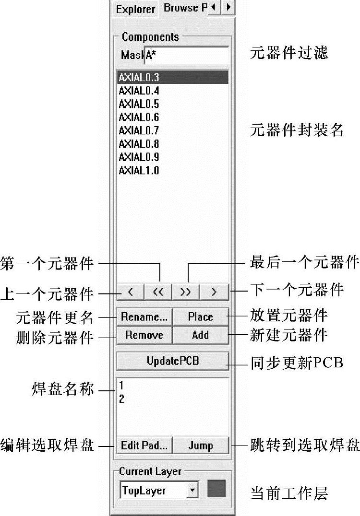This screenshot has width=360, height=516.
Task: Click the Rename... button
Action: tap(144, 317)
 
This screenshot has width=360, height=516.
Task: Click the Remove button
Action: tap(144, 335)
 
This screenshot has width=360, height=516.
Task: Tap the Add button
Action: tap(200, 335)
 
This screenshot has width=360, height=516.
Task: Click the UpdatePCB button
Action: tap(172, 361)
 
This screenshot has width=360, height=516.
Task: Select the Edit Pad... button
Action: tap(144, 446)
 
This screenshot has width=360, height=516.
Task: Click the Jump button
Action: tap(200, 446)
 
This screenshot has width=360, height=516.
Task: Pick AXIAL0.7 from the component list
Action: tap(139, 130)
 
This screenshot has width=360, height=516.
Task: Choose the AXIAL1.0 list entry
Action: tap(139, 170)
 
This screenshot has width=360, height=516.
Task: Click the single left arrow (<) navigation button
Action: tap(130, 291)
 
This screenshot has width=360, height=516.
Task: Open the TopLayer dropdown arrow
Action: tap(193, 491)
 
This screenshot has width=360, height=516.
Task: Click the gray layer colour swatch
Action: tap(216, 490)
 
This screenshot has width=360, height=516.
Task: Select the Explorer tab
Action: tap(135, 9)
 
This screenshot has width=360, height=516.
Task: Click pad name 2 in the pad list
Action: tap(122, 399)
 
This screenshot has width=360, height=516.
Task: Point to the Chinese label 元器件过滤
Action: tap(289, 53)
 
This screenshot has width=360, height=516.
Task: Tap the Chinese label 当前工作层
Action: tap(289, 493)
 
